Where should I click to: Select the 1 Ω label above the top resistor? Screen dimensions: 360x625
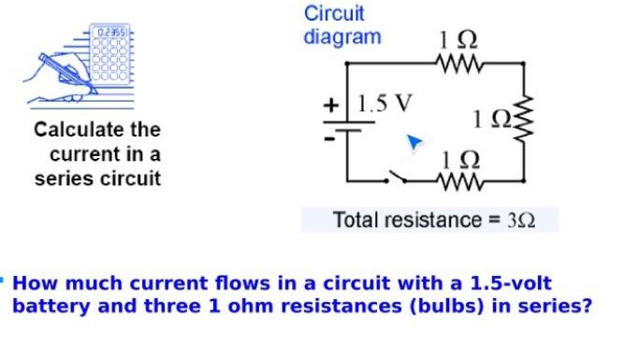pos(458,41)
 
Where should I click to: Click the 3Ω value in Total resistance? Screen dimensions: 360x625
pos(519,221)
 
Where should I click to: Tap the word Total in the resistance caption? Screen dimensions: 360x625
pos(355,221)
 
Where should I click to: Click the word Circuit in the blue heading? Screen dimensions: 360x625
pos(334,14)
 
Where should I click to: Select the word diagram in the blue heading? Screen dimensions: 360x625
pos(342,37)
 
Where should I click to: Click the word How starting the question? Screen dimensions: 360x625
pos(34,283)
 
